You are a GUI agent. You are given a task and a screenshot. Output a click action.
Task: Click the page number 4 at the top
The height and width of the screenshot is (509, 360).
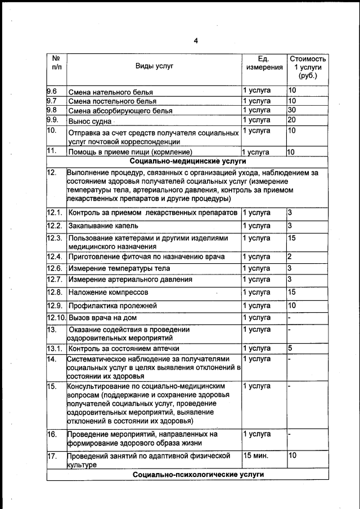(x=196, y=40)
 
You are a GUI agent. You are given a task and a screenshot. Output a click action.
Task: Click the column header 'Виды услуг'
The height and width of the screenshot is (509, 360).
(x=154, y=66)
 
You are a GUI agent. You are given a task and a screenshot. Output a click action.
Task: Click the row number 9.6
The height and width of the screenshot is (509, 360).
(x=52, y=91)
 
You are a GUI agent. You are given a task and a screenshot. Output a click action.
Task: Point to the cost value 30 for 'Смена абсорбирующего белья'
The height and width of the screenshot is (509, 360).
(x=291, y=110)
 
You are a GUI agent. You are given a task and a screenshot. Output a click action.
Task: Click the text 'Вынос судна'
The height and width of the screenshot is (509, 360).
(x=89, y=121)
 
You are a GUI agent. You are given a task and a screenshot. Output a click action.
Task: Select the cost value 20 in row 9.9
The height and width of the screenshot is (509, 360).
(x=291, y=120)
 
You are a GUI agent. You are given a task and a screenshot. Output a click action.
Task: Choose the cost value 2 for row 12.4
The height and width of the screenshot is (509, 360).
(x=290, y=256)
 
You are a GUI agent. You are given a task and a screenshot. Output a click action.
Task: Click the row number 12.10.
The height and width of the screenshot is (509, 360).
(x=56, y=317)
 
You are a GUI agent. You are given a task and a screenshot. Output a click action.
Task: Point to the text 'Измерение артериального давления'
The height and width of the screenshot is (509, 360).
(x=130, y=279)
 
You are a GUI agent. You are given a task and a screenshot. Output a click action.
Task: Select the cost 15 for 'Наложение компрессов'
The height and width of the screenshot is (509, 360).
(x=291, y=292)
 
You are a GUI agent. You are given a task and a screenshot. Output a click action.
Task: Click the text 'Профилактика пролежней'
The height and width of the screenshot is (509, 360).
(x=112, y=305)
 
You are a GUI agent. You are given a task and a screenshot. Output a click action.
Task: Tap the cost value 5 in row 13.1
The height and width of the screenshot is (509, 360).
(x=290, y=348)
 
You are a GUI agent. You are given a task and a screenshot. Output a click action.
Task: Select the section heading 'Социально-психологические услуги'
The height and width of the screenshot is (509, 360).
(x=190, y=475)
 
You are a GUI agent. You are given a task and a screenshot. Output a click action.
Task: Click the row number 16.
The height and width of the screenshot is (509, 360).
(x=52, y=435)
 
